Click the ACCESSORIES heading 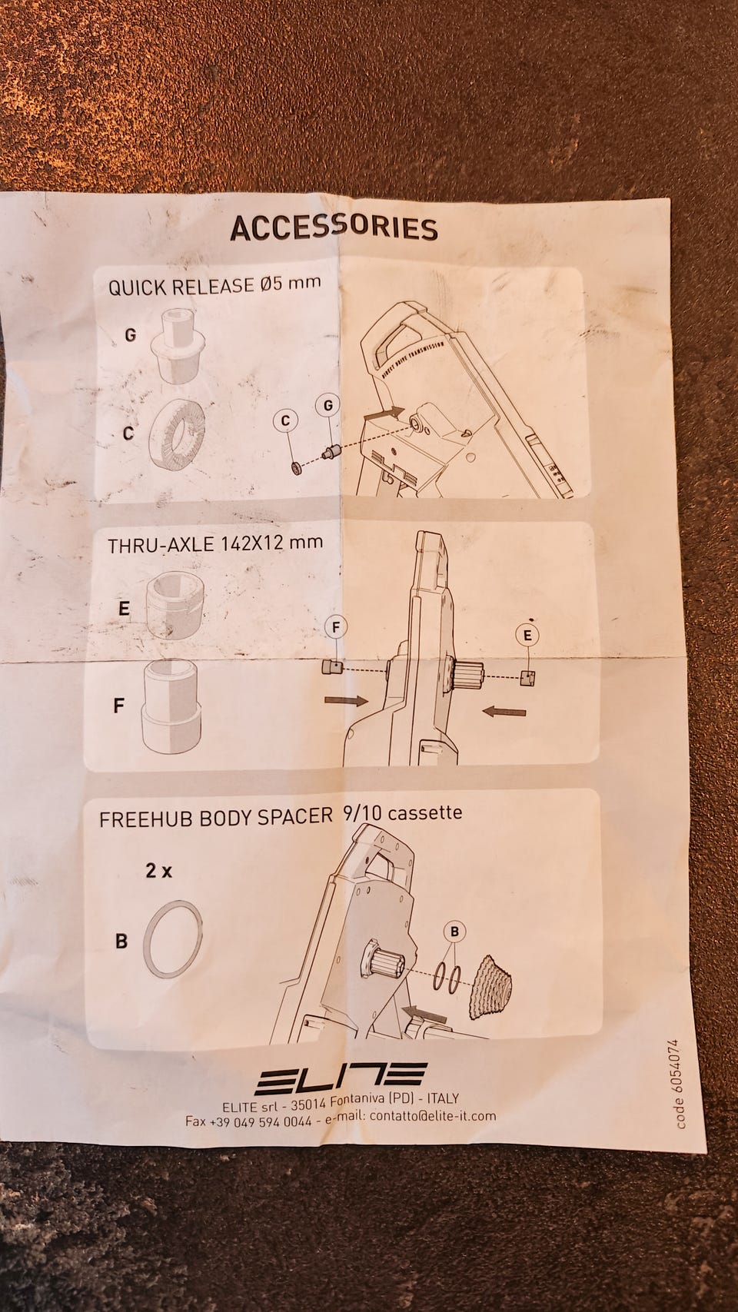[334, 228]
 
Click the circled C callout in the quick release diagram [286, 420]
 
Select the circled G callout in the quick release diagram [328, 406]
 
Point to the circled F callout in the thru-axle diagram [336, 627]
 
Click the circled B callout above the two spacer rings [455, 931]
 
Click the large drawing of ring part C [176, 433]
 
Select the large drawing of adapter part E [175, 606]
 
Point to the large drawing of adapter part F [171, 706]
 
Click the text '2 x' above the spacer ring [158, 872]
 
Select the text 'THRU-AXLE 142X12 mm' [215, 543]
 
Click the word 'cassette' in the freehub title [424, 813]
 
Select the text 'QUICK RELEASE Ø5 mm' [214, 285]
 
